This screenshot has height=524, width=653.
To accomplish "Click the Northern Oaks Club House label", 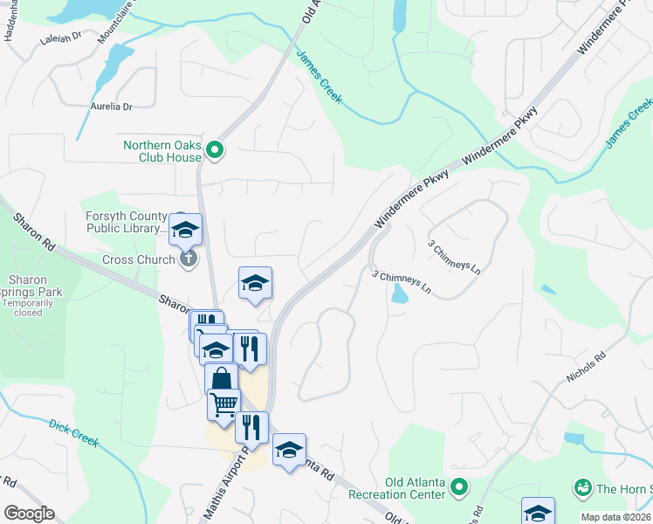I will (x=162, y=151).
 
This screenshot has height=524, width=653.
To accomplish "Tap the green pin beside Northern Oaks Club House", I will (x=216, y=152).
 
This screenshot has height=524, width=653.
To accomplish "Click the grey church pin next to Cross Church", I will (x=188, y=259).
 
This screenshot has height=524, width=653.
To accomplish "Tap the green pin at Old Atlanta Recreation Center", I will (x=460, y=486).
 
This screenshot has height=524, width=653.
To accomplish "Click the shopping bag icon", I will (x=221, y=379).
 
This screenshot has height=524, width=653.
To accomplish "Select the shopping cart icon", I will (x=223, y=404).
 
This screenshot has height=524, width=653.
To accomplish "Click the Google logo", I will (x=29, y=514).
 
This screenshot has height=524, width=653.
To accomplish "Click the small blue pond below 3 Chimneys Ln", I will (x=399, y=294).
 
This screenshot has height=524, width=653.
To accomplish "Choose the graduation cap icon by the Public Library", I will (x=185, y=230).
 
